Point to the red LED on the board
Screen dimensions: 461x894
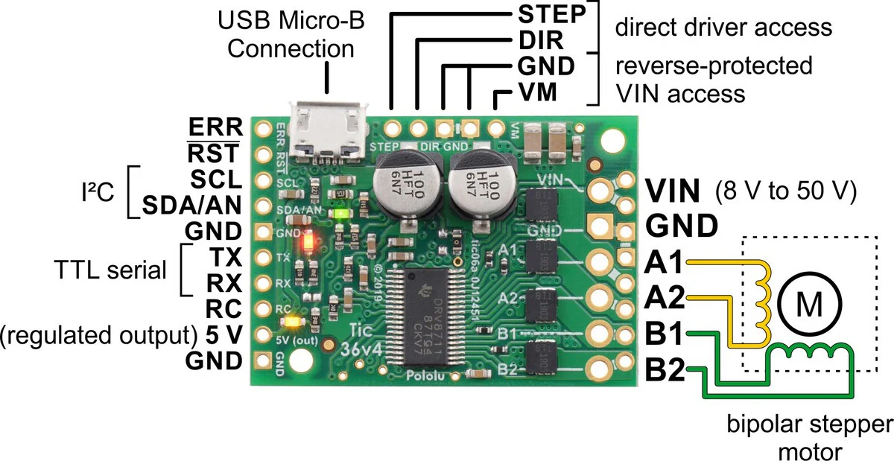308,241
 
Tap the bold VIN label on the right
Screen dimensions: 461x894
673,191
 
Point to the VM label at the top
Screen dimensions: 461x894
536,93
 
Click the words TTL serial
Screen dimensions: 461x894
111,270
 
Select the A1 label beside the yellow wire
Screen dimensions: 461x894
663,262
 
